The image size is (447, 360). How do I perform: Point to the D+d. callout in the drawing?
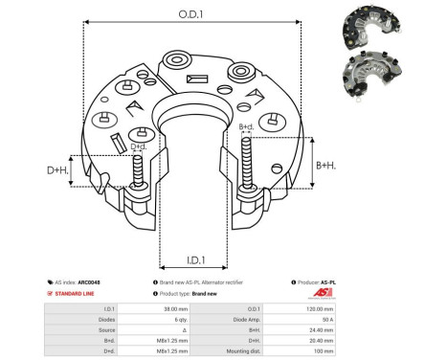(138, 146)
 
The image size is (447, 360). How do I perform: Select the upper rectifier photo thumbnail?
(369, 28)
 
